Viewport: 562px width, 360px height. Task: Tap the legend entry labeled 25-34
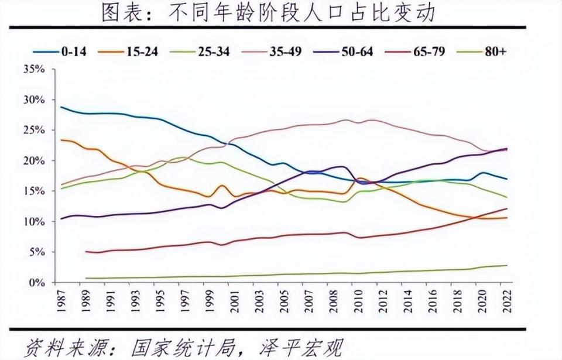click(203, 52)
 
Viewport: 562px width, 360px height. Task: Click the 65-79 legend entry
click(419, 52)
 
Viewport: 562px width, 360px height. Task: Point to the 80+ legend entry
click(486, 52)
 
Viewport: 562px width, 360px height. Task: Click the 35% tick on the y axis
click(34, 69)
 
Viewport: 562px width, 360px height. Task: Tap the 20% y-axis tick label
click(34, 160)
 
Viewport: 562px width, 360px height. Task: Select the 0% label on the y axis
click(36, 282)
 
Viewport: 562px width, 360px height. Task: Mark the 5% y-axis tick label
click(36, 252)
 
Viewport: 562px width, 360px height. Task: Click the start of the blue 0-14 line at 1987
click(61, 107)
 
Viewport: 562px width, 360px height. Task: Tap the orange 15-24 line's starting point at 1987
click(61, 140)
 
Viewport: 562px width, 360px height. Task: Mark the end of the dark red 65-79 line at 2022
click(507, 208)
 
